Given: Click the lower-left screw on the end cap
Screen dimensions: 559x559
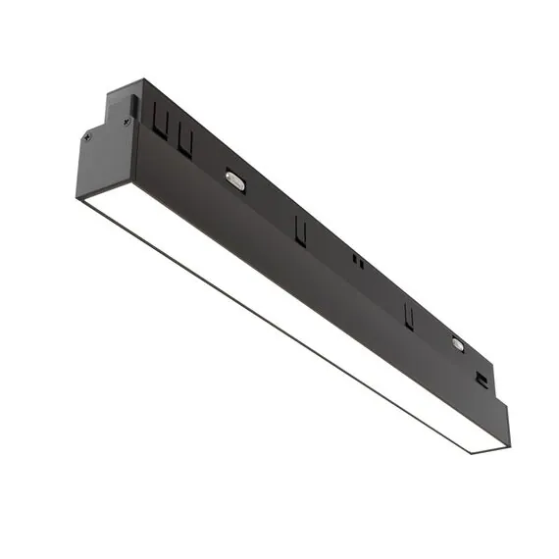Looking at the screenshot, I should tap(87, 137).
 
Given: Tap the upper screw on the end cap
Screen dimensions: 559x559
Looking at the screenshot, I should tap(127, 122).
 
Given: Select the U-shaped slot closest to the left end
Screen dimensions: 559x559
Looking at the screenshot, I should tap(161, 122).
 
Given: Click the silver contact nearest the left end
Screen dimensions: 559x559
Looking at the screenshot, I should tap(235, 180).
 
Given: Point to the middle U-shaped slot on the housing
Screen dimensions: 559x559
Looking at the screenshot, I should tap(300, 232).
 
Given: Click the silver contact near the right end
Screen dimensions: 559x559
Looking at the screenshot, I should tap(457, 343).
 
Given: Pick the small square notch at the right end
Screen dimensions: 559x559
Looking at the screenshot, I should tap(482, 379).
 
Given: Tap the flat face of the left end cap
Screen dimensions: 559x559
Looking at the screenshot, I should tap(104, 162).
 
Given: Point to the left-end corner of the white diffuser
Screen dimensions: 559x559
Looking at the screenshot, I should tap(80, 201).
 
